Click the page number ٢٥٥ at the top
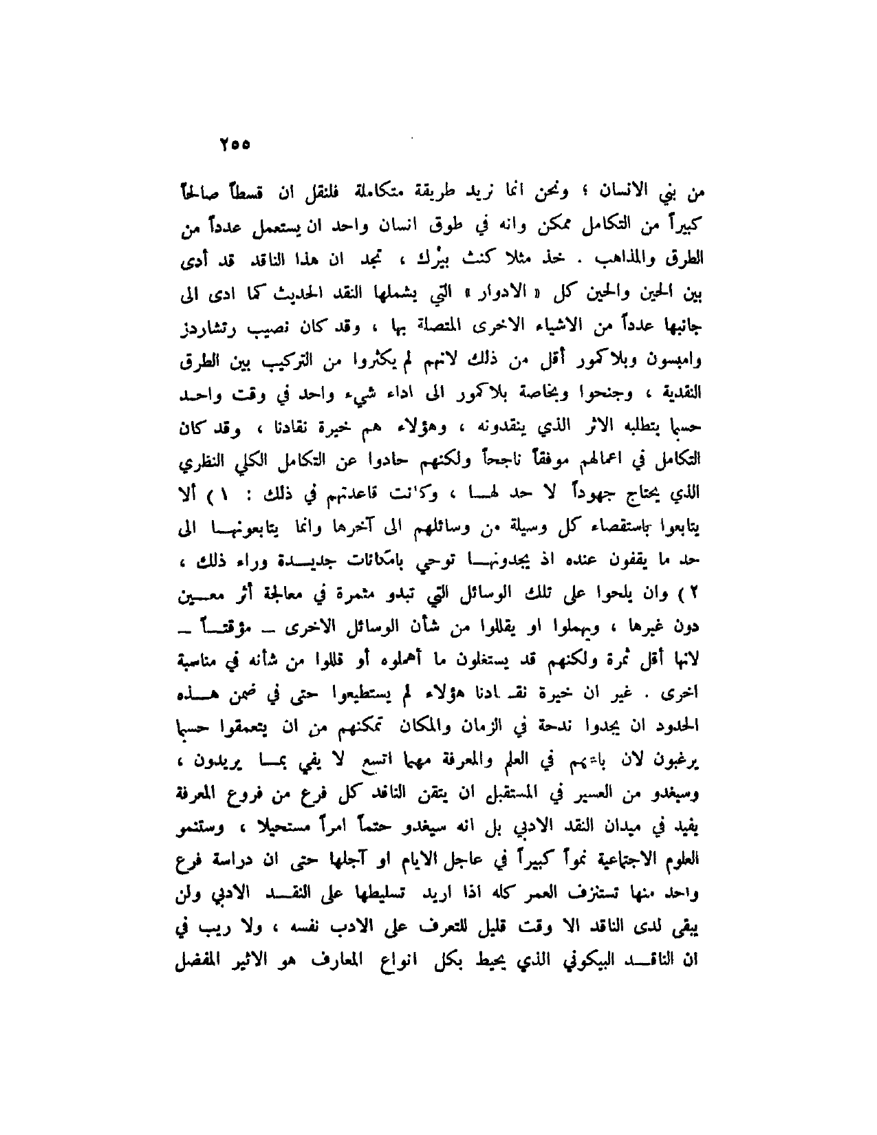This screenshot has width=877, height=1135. click(x=235, y=146)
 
